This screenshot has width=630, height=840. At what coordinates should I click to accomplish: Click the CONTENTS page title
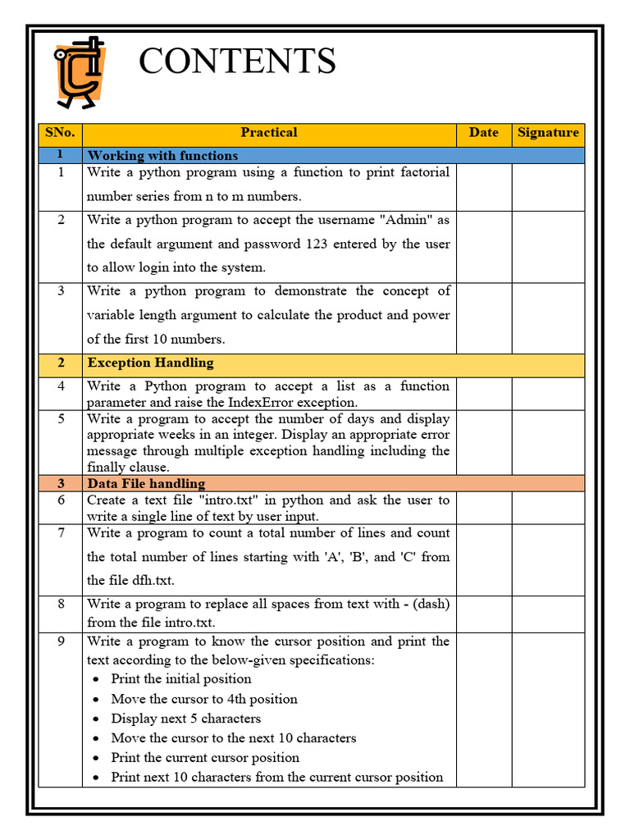point(237,62)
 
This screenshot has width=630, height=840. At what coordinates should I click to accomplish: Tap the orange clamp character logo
point(79,72)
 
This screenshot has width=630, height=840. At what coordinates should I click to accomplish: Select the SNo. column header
point(60,133)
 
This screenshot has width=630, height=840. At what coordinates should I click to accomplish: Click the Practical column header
point(269,133)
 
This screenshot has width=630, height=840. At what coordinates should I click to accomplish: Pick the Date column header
point(484,133)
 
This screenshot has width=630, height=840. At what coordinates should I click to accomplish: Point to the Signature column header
point(548,133)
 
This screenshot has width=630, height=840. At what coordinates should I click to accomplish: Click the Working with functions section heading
point(162,156)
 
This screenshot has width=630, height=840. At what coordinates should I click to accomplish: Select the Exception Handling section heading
point(150,363)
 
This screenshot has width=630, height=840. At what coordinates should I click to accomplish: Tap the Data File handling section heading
point(146,484)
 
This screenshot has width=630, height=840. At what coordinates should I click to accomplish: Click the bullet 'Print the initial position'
point(181,679)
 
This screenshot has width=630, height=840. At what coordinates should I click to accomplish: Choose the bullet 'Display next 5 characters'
point(186,719)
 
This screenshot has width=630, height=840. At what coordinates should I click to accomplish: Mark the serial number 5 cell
point(60,419)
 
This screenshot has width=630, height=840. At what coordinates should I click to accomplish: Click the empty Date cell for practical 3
point(484,318)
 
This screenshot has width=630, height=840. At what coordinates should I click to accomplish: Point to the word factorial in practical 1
point(418,172)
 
